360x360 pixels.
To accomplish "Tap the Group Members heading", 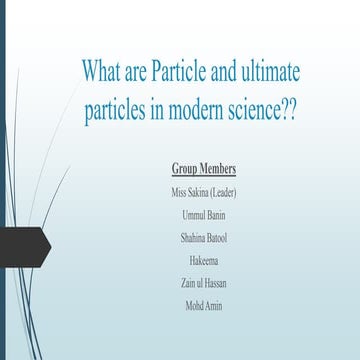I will tap(204, 168).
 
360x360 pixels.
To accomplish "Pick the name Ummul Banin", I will tap(204, 214).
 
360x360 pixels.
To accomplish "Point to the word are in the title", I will tap(145, 73).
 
